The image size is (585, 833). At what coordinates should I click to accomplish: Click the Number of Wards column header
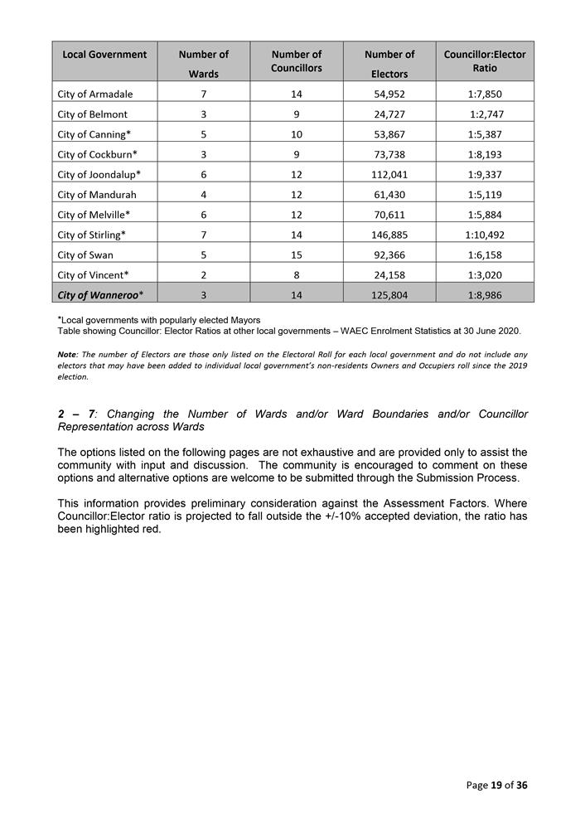pos(203,64)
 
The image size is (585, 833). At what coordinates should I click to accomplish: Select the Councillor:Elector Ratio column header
pos(485,61)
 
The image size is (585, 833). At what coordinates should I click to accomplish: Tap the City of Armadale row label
pos(95,94)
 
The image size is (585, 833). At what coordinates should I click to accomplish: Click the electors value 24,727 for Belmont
pos(389,114)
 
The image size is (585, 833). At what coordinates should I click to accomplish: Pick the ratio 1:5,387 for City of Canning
pos(485,134)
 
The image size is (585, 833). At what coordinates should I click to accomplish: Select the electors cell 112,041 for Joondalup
pos(389,174)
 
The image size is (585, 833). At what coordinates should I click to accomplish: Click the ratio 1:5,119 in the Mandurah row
pos(485,194)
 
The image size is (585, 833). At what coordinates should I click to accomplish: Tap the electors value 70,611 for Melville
pos(389,215)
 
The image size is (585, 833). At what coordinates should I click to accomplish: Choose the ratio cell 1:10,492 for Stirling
pos(485,235)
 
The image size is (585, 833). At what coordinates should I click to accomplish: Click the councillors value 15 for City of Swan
pos(296,254)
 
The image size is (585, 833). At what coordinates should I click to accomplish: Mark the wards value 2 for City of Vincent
pos(203,274)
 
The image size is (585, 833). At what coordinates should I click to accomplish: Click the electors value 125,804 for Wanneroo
pos(389,294)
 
